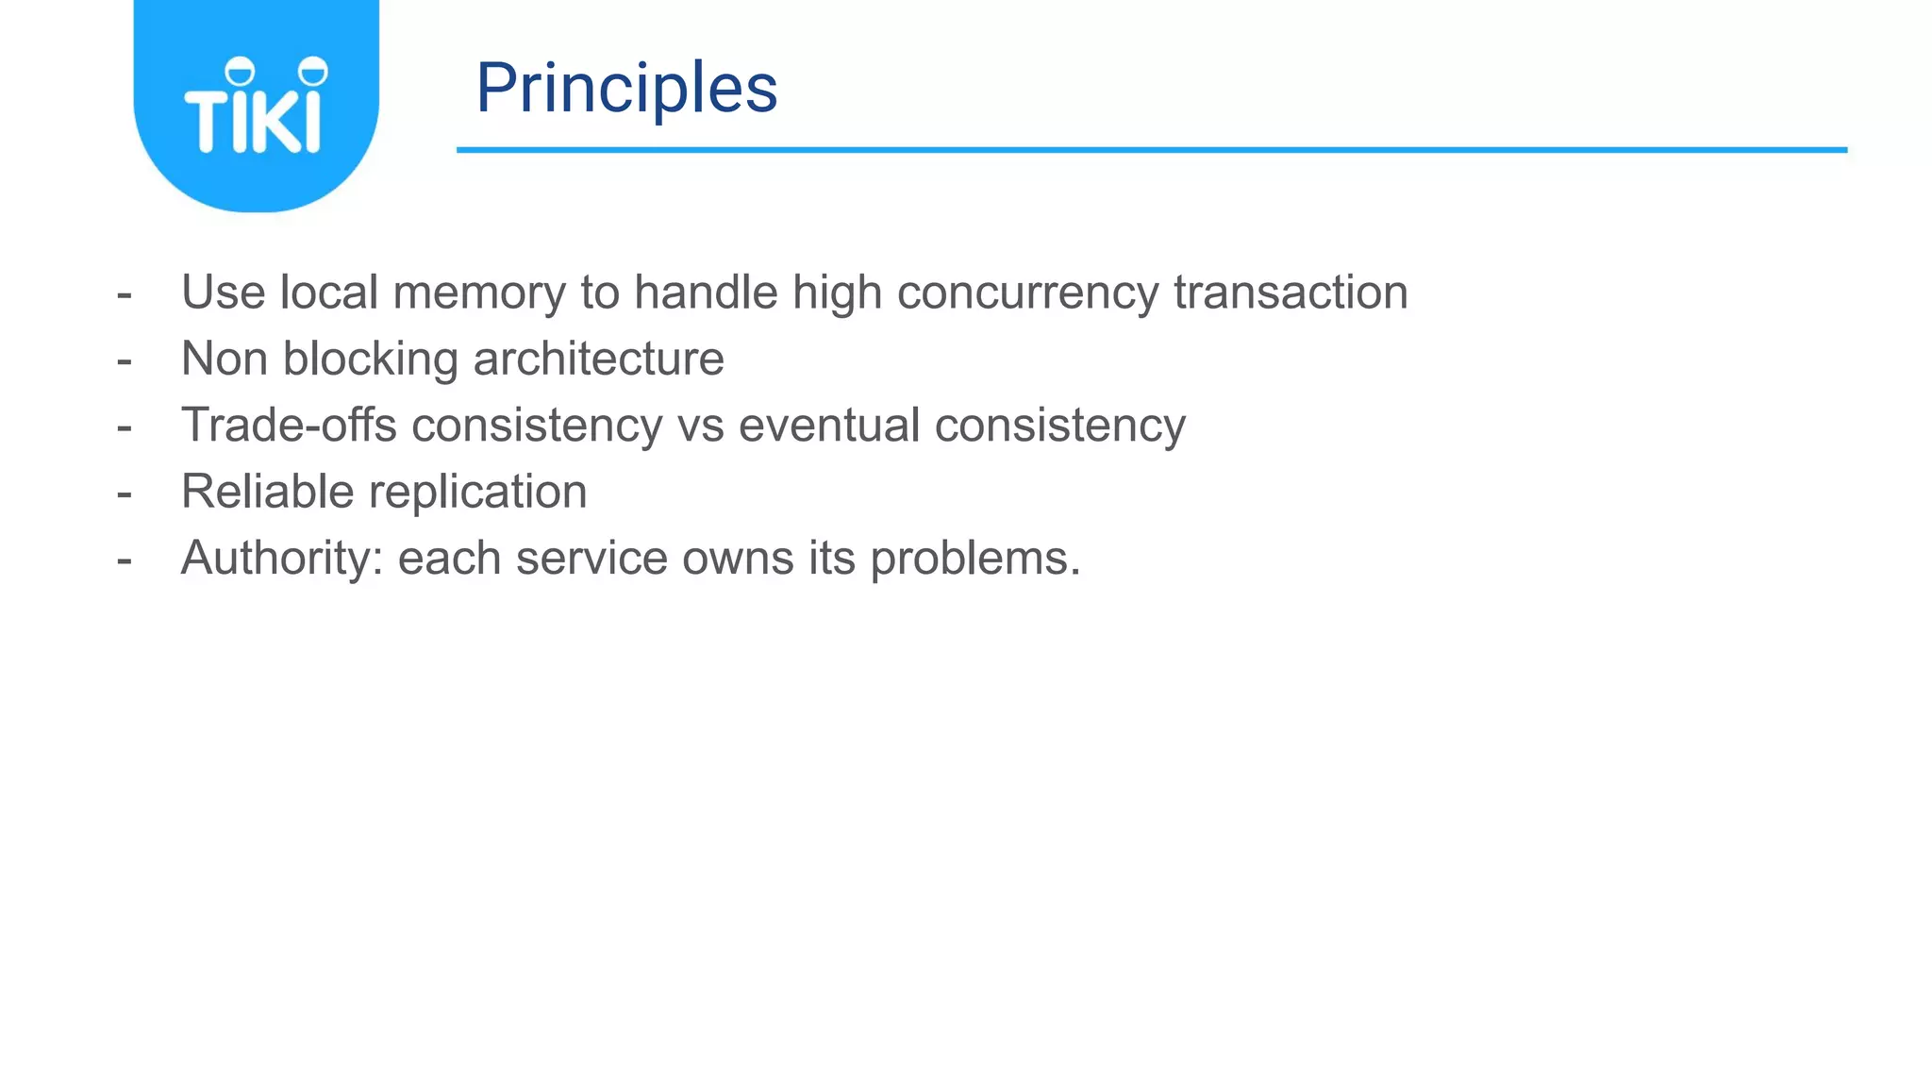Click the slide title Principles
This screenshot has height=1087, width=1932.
[626, 88]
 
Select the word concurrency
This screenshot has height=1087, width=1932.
[1026, 293]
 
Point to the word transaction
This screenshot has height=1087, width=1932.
[1290, 293]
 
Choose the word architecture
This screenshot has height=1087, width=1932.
[598, 359]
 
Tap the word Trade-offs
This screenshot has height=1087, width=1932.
[289, 425]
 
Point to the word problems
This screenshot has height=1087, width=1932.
[974, 558]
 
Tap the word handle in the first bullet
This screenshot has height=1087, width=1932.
[706, 293]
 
